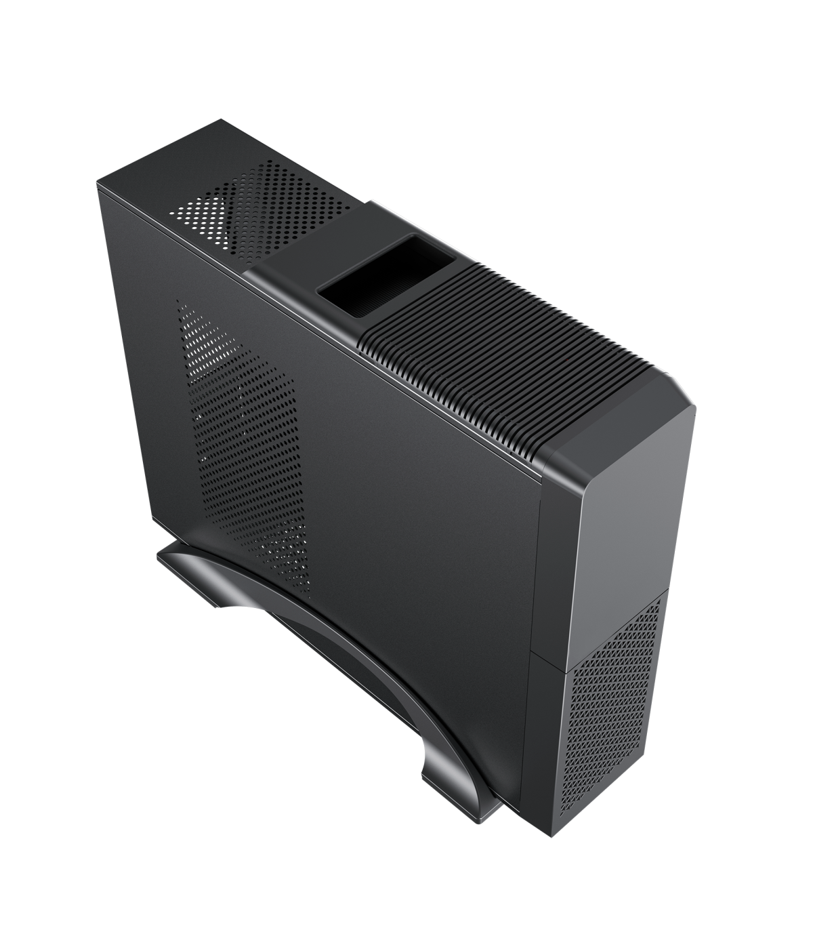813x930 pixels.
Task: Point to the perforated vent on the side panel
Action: [244, 434]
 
